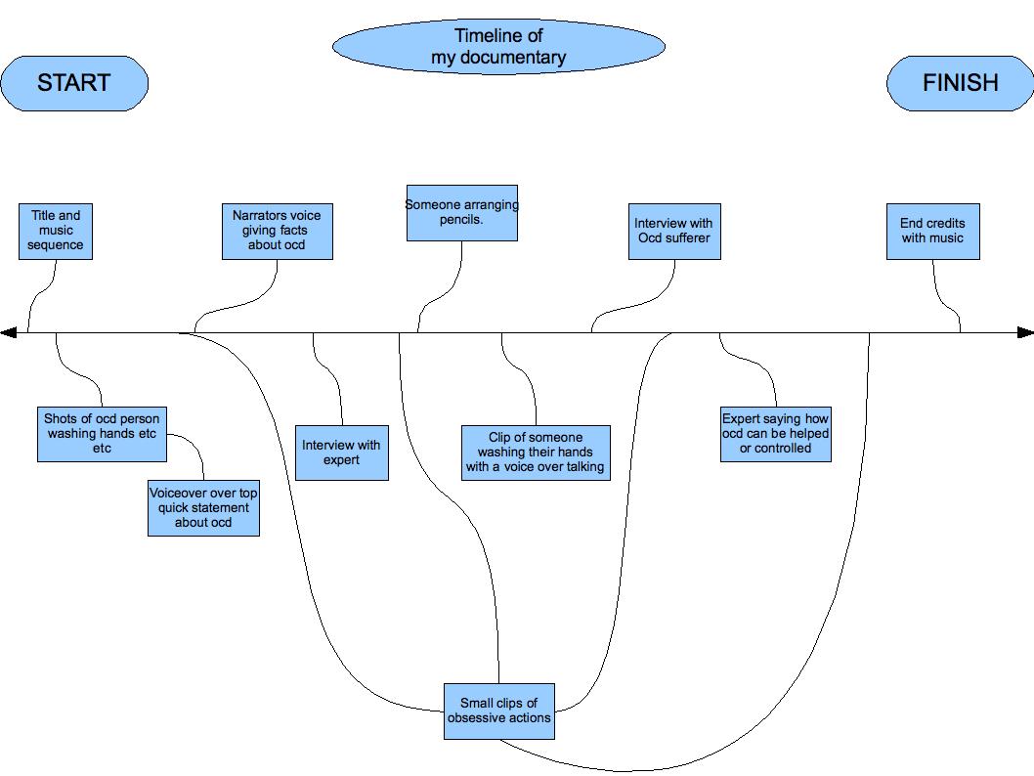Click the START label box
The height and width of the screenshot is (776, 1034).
(74, 83)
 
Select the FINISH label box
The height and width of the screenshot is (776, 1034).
(960, 83)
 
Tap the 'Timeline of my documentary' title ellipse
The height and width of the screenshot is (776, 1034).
(498, 47)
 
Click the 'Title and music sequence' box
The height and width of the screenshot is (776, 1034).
(56, 232)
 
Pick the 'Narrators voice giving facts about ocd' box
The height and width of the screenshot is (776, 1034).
(278, 232)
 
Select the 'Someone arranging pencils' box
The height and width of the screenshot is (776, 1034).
(462, 213)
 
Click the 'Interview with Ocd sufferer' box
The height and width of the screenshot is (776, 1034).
(674, 232)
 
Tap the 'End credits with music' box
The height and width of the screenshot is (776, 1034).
(932, 232)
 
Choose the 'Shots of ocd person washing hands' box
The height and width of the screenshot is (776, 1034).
(102, 434)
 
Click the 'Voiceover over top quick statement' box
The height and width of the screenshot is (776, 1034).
(203, 508)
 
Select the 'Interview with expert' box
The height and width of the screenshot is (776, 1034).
(341, 453)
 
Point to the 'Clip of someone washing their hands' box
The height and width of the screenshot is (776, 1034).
(536, 453)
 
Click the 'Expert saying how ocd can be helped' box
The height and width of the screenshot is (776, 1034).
(776, 434)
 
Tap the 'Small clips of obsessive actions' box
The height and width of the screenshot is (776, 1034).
(499, 711)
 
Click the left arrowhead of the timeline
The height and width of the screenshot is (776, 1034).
(9, 333)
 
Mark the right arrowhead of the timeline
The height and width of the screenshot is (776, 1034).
(1025, 333)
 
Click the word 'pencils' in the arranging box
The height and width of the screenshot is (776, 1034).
(462, 220)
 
